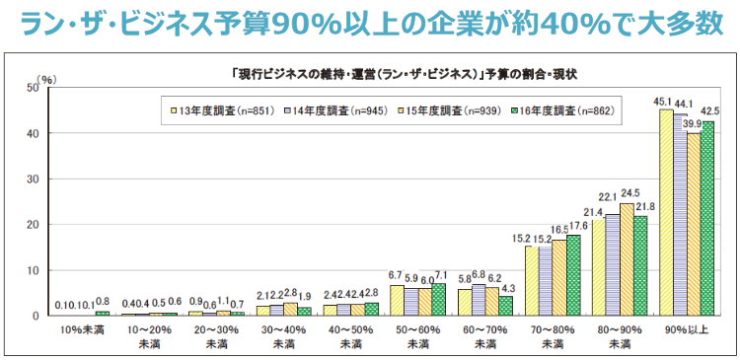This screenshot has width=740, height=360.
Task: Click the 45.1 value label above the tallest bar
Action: [665, 101]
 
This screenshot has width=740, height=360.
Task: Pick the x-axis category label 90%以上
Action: [687, 328]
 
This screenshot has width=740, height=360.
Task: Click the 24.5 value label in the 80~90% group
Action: [630, 192]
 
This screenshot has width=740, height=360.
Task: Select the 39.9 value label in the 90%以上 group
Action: [694, 123]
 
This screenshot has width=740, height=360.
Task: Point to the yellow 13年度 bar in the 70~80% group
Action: [532, 281]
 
